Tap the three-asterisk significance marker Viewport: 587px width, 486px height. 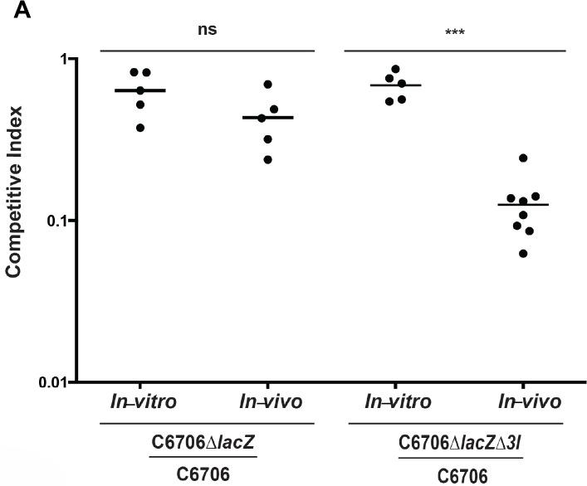point(454,34)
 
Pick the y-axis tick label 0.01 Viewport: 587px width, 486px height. point(51,382)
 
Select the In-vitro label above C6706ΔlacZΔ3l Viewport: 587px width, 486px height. point(397,402)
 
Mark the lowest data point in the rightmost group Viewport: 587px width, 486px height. point(523,253)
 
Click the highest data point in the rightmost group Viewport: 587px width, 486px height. point(523,158)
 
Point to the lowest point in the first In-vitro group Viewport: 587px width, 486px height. point(140,128)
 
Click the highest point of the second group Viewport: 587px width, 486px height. point(268,85)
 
